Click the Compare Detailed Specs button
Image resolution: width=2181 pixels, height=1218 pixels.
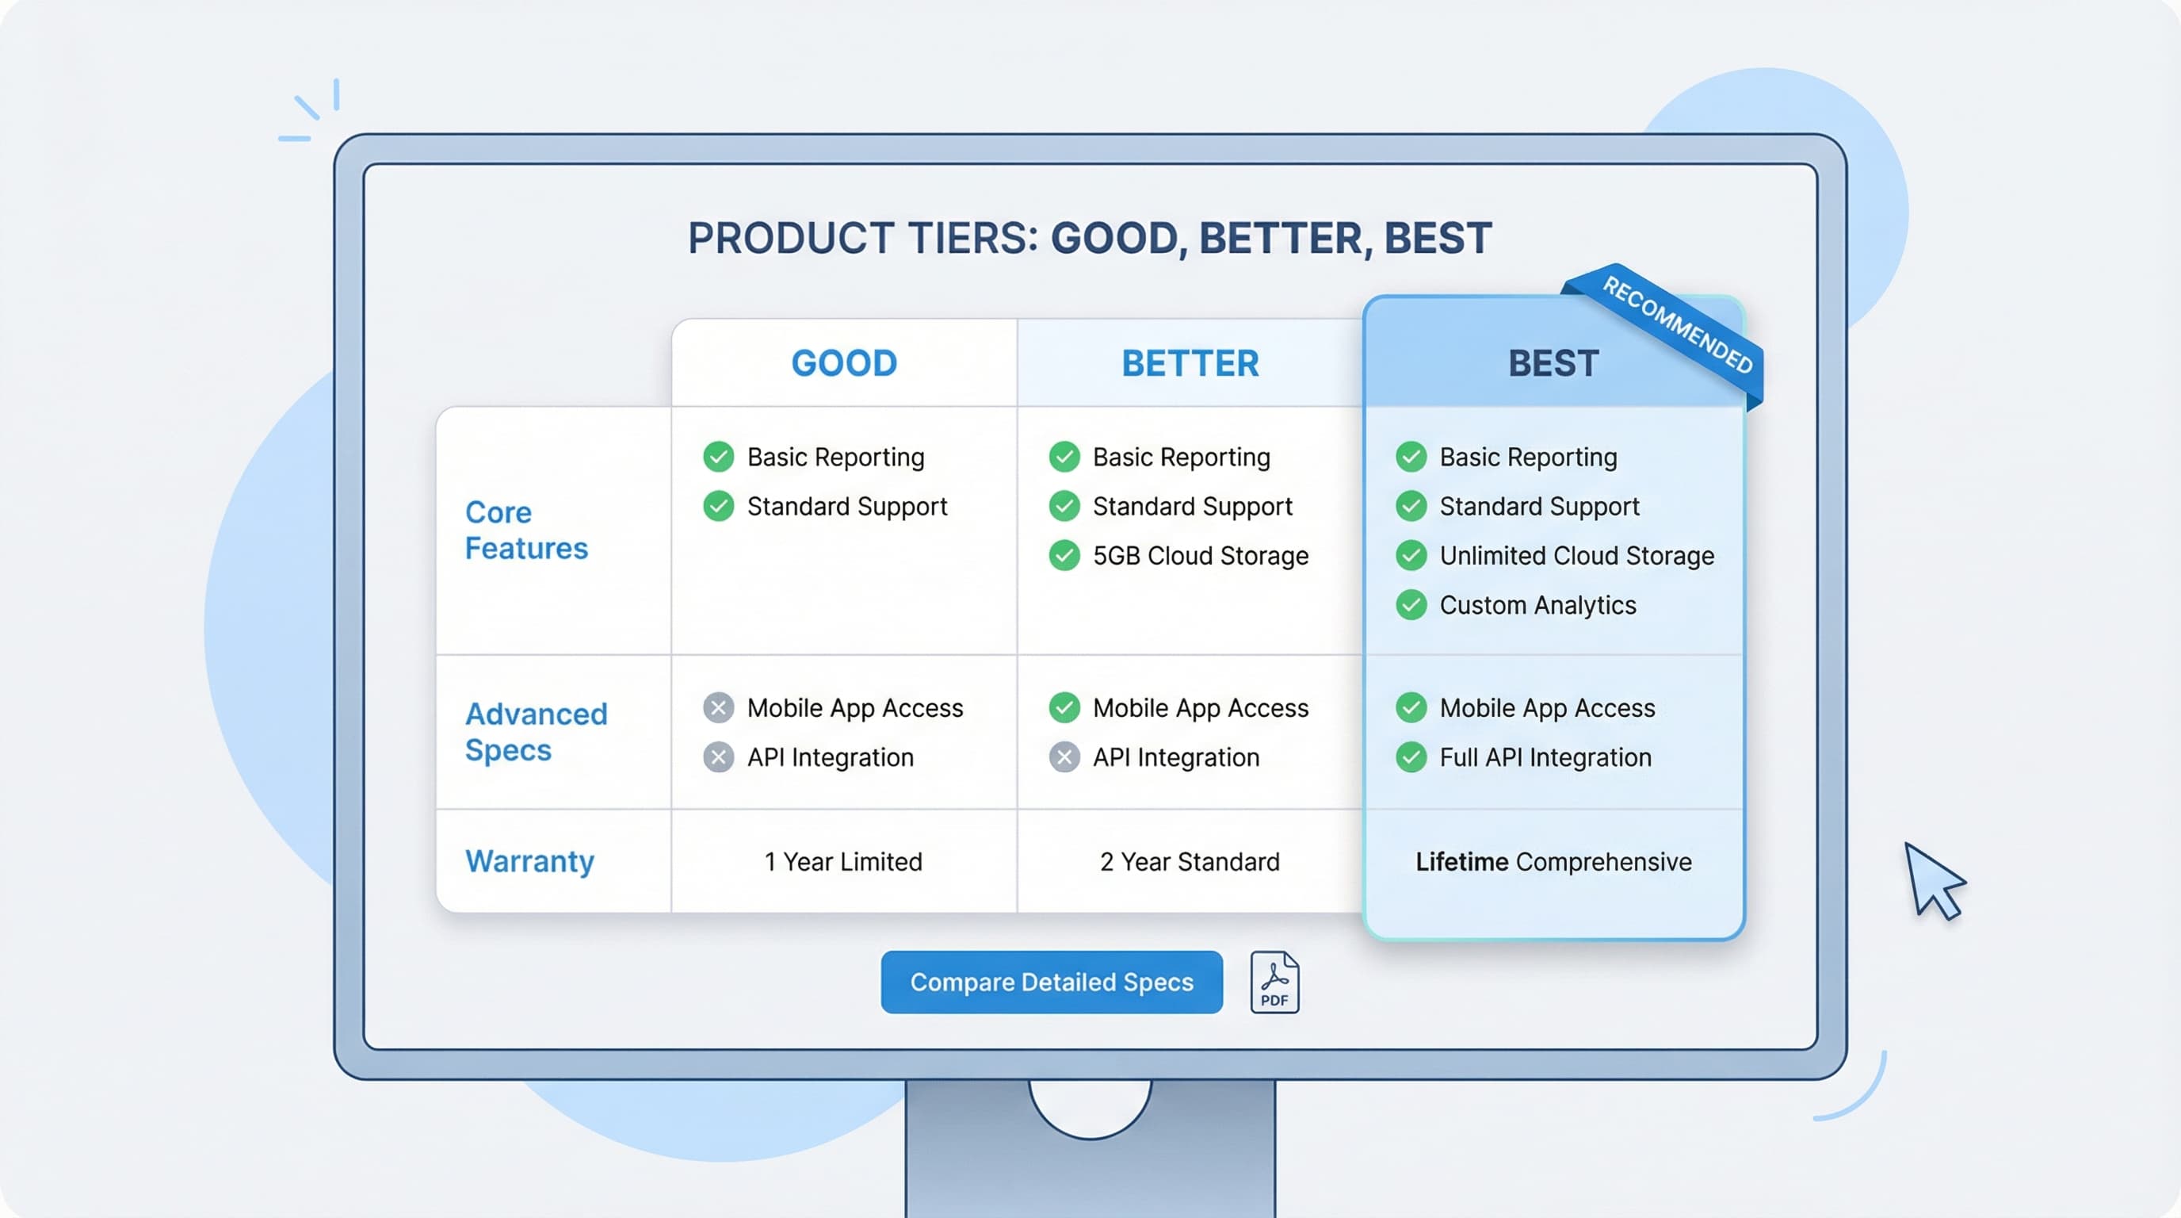pyautogui.click(x=1051, y=982)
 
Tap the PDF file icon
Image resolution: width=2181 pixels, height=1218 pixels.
pyautogui.click(x=1274, y=982)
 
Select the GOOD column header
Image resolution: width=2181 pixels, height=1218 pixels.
pyautogui.click(x=844, y=363)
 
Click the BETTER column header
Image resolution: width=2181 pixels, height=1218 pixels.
pyautogui.click(x=1190, y=363)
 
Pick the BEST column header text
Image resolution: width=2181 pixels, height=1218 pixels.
pyautogui.click(x=1553, y=363)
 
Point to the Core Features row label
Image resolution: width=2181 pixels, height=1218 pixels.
pyautogui.click(x=525, y=530)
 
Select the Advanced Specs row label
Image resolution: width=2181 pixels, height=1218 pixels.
pyautogui.click(x=536, y=732)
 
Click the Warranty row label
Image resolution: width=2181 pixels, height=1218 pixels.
pyautogui.click(x=530, y=861)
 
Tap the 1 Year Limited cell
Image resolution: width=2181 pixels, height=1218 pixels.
pyautogui.click(x=843, y=861)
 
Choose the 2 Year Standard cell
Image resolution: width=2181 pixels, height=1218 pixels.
pyautogui.click(x=1190, y=861)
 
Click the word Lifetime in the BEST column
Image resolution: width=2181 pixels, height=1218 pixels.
pyautogui.click(x=1461, y=861)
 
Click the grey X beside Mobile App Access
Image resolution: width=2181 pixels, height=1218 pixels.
pyautogui.click(x=718, y=707)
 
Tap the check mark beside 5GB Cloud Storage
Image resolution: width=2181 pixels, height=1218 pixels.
pyautogui.click(x=1064, y=556)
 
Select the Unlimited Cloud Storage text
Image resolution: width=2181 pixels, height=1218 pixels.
pyautogui.click(x=1576, y=556)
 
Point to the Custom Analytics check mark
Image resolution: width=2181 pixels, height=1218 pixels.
pyautogui.click(x=1411, y=605)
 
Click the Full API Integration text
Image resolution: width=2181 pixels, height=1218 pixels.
pyautogui.click(x=1545, y=757)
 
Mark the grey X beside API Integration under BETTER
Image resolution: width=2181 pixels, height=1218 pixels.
pyautogui.click(x=1064, y=757)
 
